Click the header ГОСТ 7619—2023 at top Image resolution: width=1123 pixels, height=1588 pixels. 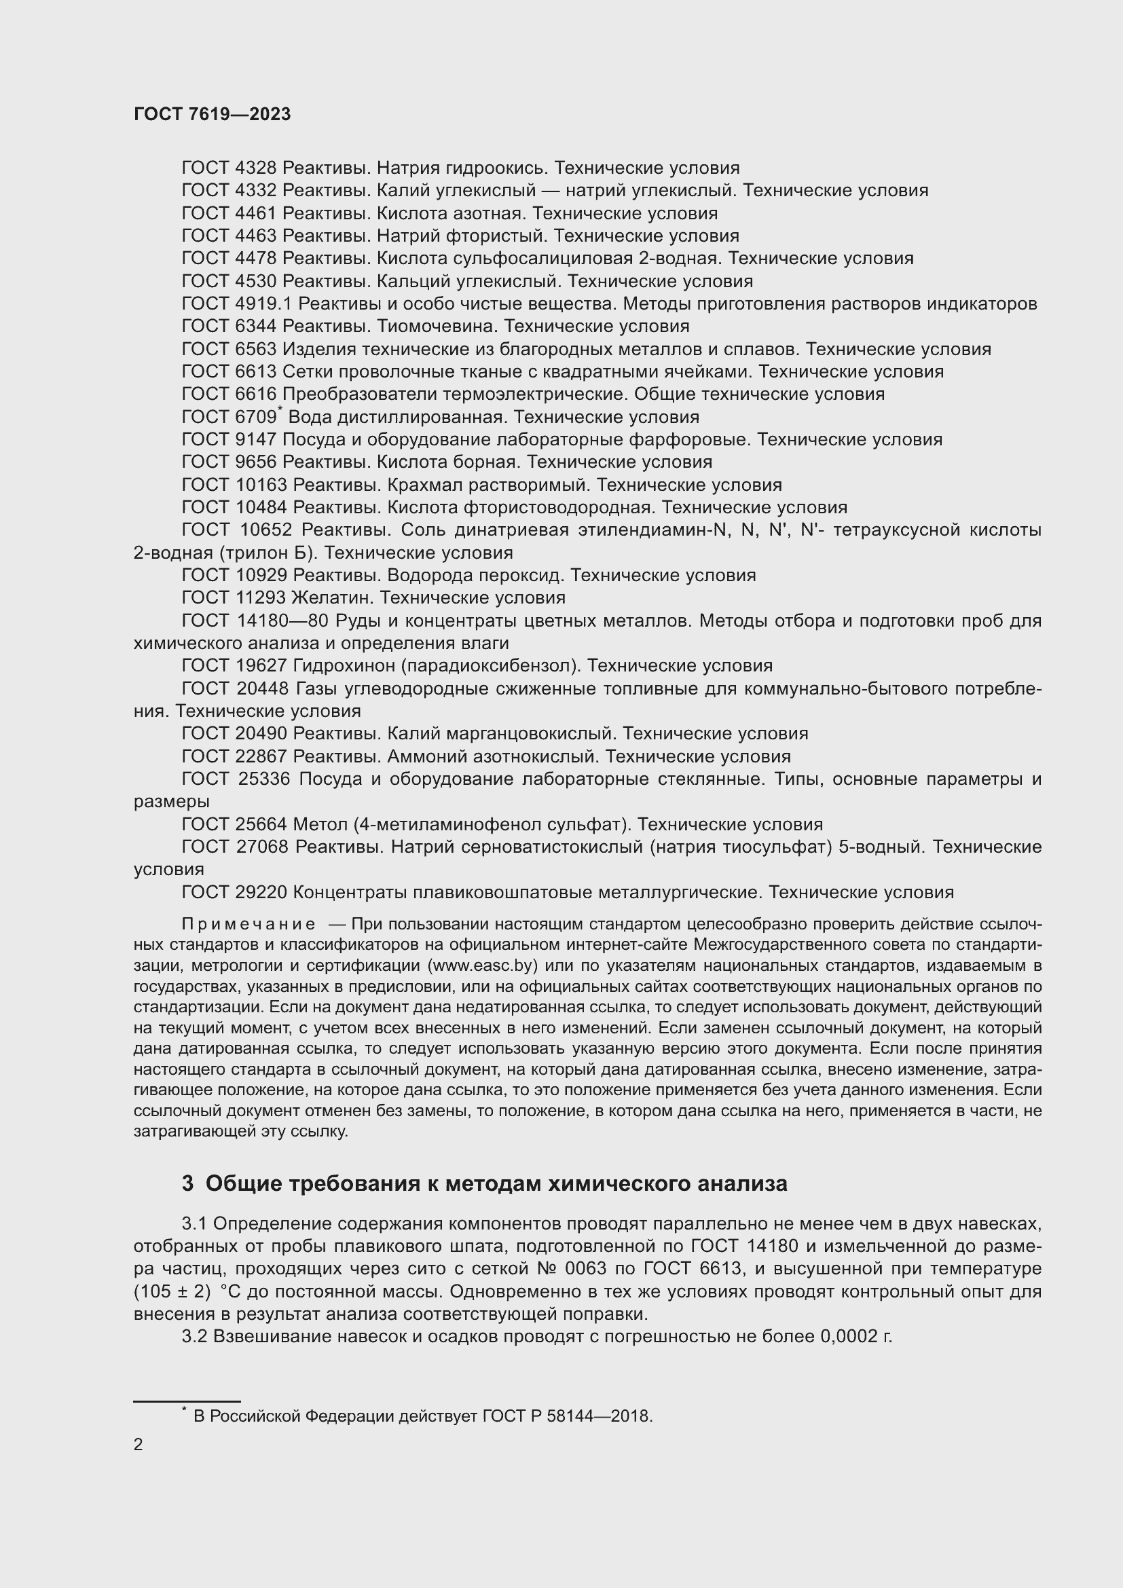(213, 115)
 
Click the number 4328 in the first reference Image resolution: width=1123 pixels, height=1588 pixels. (256, 168)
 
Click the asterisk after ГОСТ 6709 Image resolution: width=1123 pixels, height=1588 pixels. (280, 410)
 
